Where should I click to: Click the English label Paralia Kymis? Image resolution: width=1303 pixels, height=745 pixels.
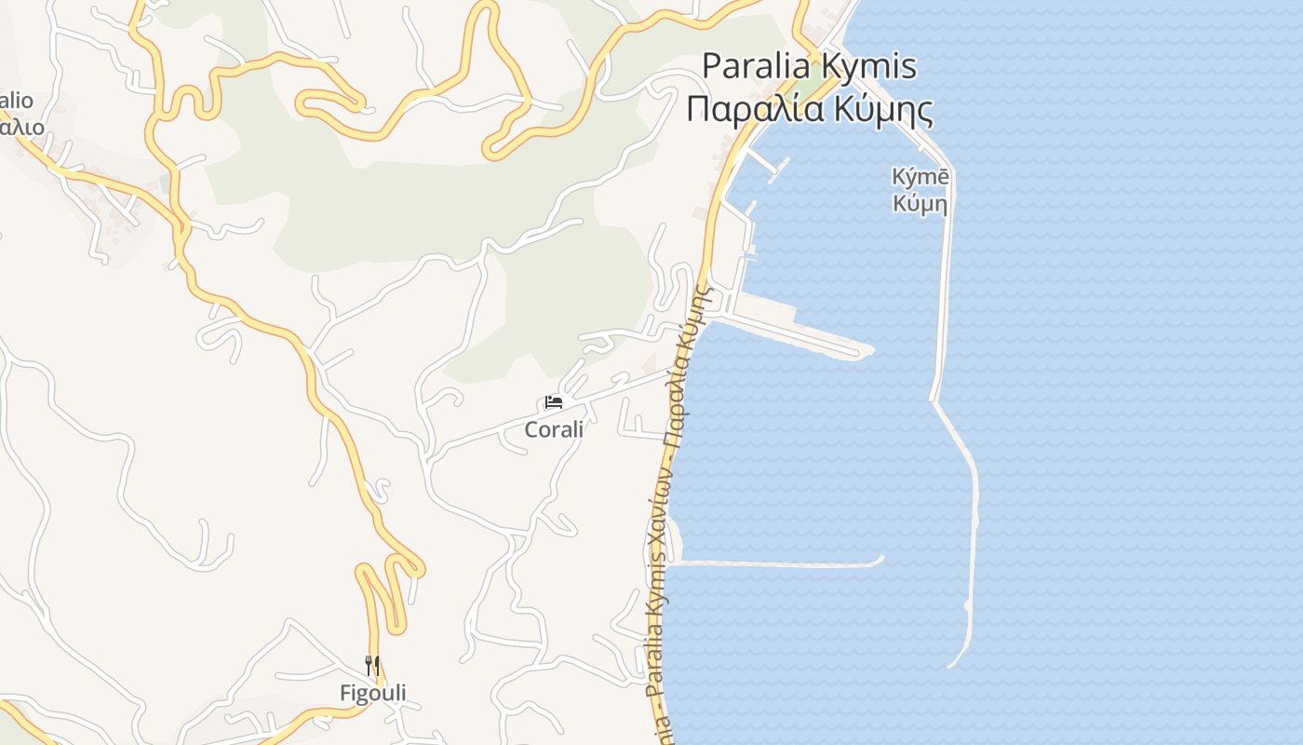pos(809,67)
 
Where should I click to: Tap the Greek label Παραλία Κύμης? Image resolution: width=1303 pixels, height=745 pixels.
pos(809,109)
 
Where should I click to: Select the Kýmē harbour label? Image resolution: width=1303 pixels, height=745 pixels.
pos(920,177)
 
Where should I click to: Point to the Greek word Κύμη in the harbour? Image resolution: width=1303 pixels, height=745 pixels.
pos(920,203)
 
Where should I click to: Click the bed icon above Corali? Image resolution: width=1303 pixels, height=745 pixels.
pos(554,402)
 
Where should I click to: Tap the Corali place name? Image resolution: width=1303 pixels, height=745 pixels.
pos(554,429)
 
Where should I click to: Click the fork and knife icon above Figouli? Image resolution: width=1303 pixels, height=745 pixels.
pos(372,665)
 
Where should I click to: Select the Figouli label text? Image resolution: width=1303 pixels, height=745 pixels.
pos(372,693)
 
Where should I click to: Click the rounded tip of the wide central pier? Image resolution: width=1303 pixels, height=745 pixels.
pos(866,351)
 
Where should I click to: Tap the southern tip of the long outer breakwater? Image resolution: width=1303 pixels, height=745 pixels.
pos(952,664)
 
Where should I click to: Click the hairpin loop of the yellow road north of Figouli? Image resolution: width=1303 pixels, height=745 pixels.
pos(408,565)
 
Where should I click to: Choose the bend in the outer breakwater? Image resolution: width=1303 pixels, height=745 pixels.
pos(934,400)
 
